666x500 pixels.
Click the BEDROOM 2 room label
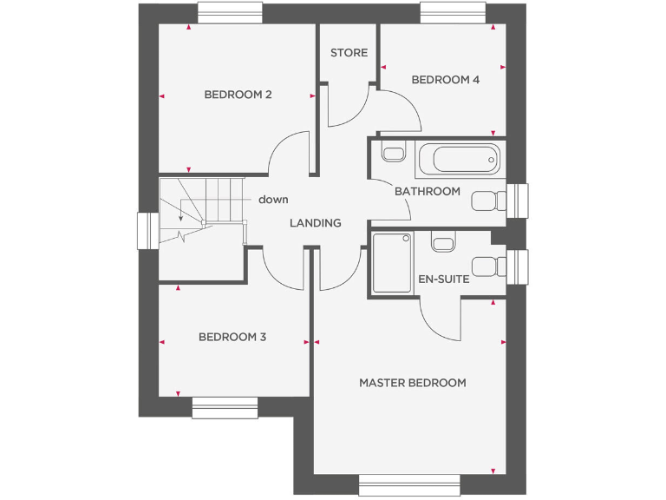pos(238,95)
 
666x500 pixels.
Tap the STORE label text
pos(349,53)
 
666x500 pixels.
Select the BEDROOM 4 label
pos(445,80)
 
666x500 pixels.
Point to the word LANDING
pos(315,223)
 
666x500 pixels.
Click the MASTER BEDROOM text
pos(413,383)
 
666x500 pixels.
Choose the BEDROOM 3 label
pos(232,337)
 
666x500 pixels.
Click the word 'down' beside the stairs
pos(273,200)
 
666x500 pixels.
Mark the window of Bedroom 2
pos(230,12)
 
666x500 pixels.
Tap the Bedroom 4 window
pos(453,12)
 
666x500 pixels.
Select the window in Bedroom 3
pos(225,407)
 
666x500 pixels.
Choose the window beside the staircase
pos(147,231)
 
